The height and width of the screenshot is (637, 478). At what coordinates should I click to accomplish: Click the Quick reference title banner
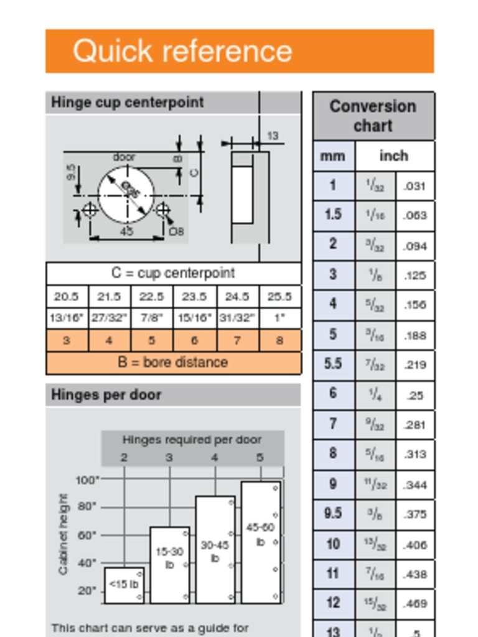(x=239, y=51)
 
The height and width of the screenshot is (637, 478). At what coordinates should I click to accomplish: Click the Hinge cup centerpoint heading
(x=128, y=102)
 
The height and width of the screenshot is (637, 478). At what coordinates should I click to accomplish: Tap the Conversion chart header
(x=373, y=116)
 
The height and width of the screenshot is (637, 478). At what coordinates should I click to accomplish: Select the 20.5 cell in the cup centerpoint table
(x=67, y=297)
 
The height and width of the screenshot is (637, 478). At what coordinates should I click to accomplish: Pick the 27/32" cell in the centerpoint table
(x=109, y=318)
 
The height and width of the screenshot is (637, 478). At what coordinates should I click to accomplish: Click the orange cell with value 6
(x=194, y=340)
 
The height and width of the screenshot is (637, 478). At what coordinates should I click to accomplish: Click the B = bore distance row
(x=173, y=362)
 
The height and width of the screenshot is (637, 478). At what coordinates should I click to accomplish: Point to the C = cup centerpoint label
(x=173, y=273)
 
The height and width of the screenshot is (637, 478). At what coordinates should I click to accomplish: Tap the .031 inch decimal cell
(x=415, y=186)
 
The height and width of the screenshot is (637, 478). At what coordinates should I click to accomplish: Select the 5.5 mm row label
(x=333, y=363)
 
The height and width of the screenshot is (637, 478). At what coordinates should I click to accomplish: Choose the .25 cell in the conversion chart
(x=415, y=394)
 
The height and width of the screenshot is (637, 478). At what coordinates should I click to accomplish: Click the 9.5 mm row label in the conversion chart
(x=333, y=513)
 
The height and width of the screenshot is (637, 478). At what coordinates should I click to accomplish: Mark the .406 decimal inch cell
(x=415, y=545)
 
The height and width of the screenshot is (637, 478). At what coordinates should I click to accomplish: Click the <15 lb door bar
(x=124, y=585)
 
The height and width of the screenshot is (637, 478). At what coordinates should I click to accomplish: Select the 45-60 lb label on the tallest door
(x=260, y=534)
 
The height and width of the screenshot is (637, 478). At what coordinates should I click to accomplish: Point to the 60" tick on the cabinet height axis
(x=87, y=535)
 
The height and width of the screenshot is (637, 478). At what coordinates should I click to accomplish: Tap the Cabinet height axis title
(x=63, y=534)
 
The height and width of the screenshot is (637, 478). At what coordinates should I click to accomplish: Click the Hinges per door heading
(x=106, y=395)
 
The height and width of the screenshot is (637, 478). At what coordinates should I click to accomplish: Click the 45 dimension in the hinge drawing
(x=126, y=231)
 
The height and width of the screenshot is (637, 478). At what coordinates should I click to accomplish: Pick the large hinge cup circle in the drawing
(x=126, y=194)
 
